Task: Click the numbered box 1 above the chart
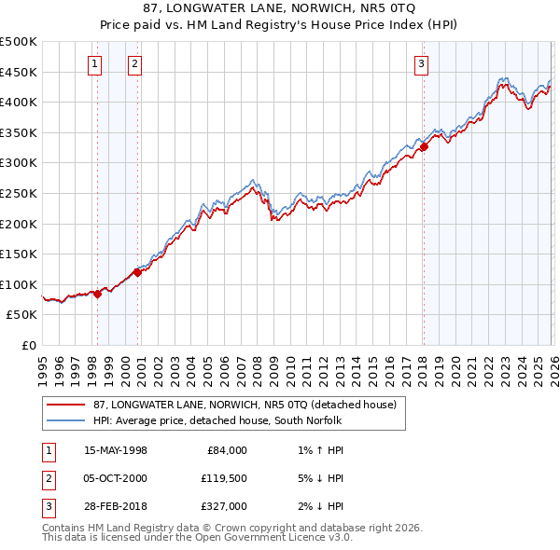point(95,64)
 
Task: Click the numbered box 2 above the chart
point(135,64)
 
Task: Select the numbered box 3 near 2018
point(421,64)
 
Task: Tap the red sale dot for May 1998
point(97,294)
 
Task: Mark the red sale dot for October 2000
point(137,272)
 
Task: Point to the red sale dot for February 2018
point(423,146)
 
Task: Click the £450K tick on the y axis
point(19,72)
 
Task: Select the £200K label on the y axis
point(19,224)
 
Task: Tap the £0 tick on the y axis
point(29,345)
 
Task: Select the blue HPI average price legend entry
point(218,420)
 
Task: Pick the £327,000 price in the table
point(226,506)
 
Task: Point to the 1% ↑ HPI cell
point(317,450)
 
